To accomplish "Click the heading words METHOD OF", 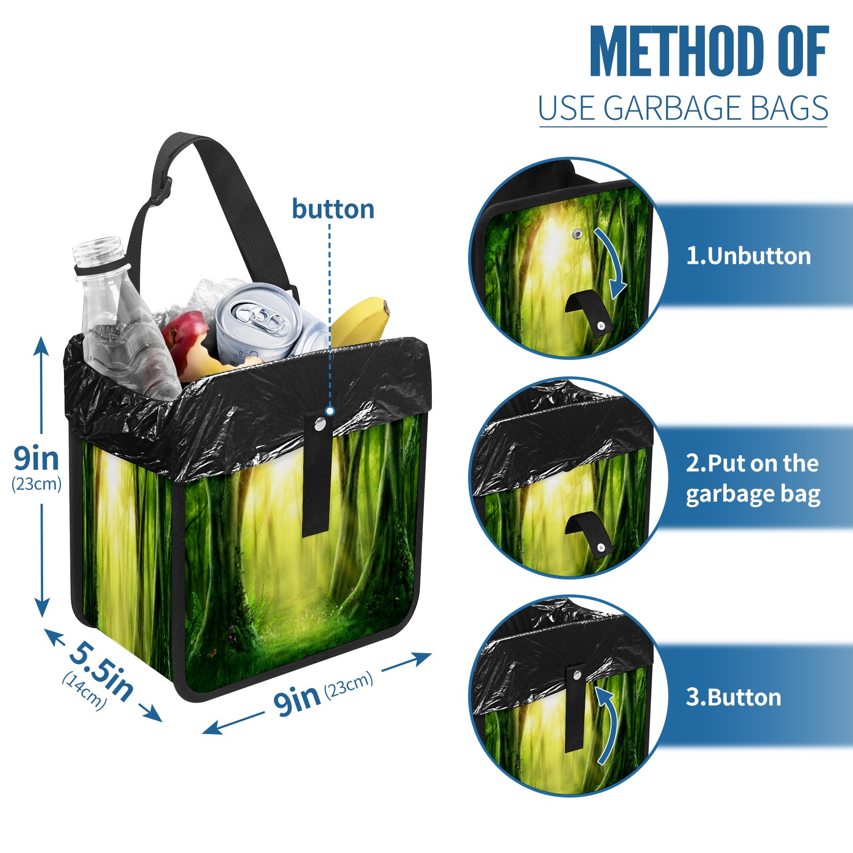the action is click(709, 51).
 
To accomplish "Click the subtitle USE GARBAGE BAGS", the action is click(683, 108).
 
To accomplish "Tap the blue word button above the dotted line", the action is click(333, 209).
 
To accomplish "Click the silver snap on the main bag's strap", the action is click(320, 424).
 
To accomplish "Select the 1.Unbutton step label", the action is click(749, 256).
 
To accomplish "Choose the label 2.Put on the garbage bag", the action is click(753, 479).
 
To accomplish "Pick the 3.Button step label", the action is click(734, 697).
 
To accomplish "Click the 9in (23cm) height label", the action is click(36, 466).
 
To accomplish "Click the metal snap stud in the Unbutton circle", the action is click(577, 233).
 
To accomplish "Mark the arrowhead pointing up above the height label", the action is click(41, 345).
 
